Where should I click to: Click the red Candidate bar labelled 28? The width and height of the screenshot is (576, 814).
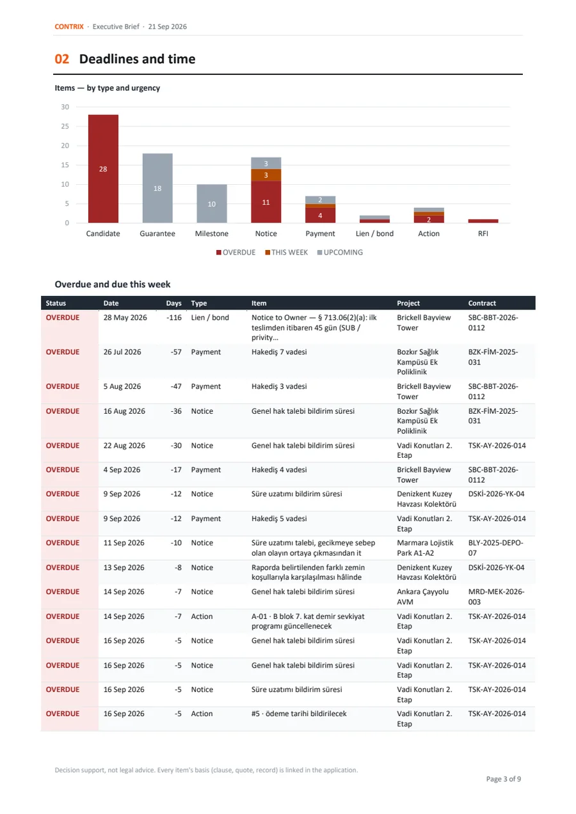click(x=103, y=169)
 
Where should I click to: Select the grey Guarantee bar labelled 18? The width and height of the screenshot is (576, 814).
click(x=157, y=188)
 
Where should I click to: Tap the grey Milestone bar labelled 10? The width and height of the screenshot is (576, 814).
click(x=212, y=203)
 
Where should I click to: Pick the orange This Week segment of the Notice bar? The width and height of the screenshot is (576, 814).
click(x=266, y=175)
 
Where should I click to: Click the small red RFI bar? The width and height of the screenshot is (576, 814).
click(x=483, y=221)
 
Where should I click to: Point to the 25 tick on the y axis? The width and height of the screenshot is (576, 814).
click(x=65, y=127)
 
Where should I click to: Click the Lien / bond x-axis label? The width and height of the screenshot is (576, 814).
click(x=374, y=233)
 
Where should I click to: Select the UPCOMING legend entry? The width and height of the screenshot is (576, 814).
click(x=340, y=252)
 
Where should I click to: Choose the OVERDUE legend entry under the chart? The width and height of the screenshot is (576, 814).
click(x=236, y=252)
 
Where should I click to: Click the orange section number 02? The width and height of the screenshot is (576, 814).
click(x=62, y=59)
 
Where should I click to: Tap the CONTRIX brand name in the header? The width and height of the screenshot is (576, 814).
click(x=69, y=26)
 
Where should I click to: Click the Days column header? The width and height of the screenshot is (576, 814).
click(x=174, y=303)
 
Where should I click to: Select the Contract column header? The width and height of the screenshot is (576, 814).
click(x=482, y=303)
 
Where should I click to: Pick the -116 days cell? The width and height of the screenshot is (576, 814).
click(x=174, y=317)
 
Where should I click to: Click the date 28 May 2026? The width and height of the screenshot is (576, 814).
click(x=125, y=317)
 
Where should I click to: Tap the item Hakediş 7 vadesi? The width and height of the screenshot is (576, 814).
click(x=279, y=352)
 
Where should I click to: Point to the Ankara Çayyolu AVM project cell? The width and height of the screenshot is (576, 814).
click(x=422, y=597)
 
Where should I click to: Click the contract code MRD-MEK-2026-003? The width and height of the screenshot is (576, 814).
click(x=496, y=597)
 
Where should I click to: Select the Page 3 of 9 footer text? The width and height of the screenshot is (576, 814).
click(x=503, y=779)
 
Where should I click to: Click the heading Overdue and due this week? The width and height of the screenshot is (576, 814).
click(x=113, y=284)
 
